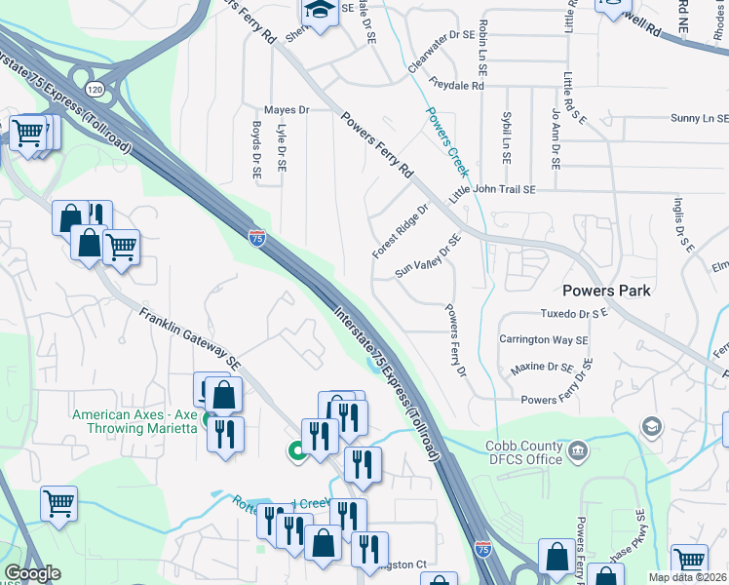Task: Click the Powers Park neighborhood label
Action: click(606, 290)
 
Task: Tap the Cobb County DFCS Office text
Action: click(524, 452)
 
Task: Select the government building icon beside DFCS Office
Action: click(578, 450)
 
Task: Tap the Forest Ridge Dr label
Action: click(400, 231)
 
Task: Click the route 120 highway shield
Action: click(94, 89)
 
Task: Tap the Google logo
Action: click(32, 573)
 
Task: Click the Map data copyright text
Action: click(687, 577)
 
